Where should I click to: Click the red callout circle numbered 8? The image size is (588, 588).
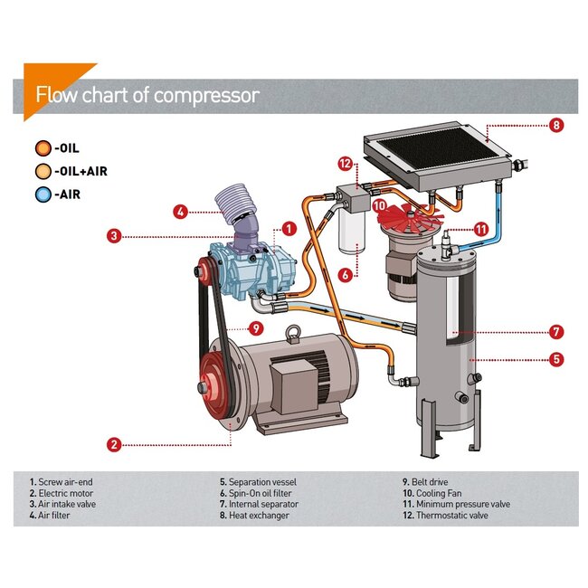click(556, 126)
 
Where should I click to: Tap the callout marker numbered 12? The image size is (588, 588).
click(345, 164)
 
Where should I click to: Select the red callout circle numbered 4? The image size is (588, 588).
click(181, 212)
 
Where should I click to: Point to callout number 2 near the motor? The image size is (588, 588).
click(114, 444)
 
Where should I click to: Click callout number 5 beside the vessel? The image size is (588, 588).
click(556, 359)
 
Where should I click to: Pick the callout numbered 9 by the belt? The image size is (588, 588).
click(256, 327)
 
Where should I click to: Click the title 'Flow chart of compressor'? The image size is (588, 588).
click(147, 95)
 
